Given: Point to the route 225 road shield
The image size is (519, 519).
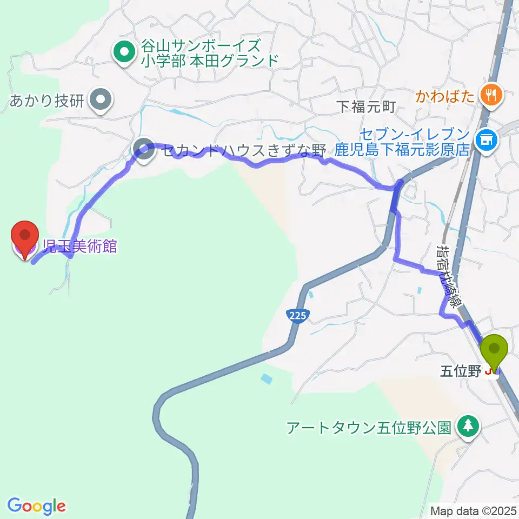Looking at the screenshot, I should pyautogui.click(x=297, y=315).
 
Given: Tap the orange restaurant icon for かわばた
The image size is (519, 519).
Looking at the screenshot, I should pyautogui.click(x=493, y=96).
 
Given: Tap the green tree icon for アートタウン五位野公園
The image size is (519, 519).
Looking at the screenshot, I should pyautogui.click(x=468, y=427).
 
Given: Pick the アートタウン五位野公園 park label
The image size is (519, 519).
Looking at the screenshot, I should pyautogui.click(x=369, y=428).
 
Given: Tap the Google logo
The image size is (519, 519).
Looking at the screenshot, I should pyautogui.click(x=37, y=506).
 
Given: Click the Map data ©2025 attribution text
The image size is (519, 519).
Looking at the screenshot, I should pyautogui.click(x=474, y=510).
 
